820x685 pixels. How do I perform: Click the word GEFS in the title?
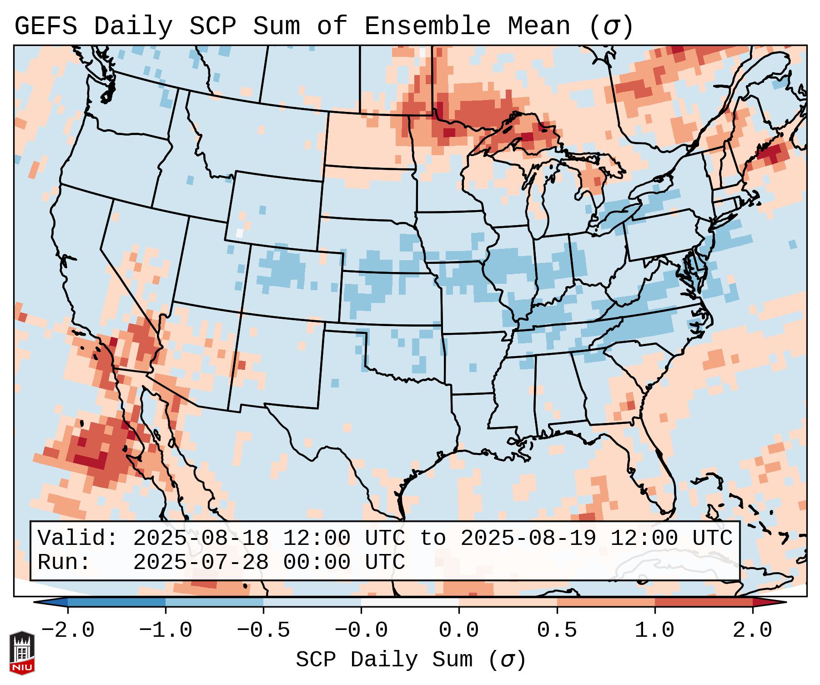pos(45,26)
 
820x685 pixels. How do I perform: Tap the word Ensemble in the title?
pos(427,26)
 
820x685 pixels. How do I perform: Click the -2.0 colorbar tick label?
pos(68,630)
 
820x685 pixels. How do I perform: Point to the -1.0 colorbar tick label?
pos(166,630)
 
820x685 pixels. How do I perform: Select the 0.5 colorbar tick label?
pos(557,630)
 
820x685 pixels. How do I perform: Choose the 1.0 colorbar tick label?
pos(655,630)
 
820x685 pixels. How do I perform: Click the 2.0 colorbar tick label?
pos(753,630)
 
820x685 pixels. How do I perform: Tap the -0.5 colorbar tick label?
pos(263,630)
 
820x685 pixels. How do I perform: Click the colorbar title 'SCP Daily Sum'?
pos(384,660)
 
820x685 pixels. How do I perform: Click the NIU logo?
pos(22,653)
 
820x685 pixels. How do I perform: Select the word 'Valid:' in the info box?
pos(78,538)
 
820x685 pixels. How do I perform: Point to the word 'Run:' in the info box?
pos(64,562)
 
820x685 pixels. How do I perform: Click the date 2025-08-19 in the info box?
pos(528,538)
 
